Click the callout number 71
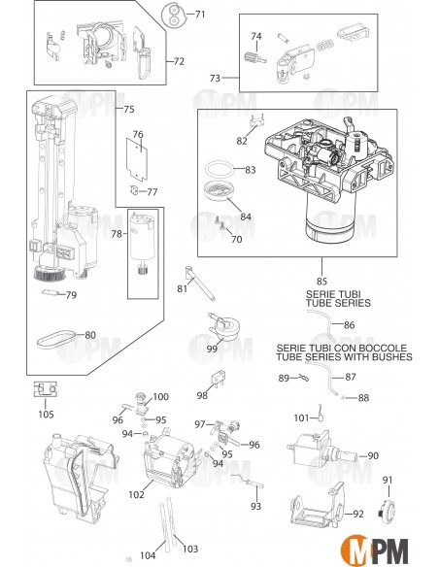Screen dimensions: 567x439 pos(200,15)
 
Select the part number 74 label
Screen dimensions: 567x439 pos(256,37)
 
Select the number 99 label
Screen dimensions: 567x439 pos(211,349)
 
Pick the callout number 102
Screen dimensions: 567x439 pos(135,495)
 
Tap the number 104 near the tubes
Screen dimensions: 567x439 pos(147,555)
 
